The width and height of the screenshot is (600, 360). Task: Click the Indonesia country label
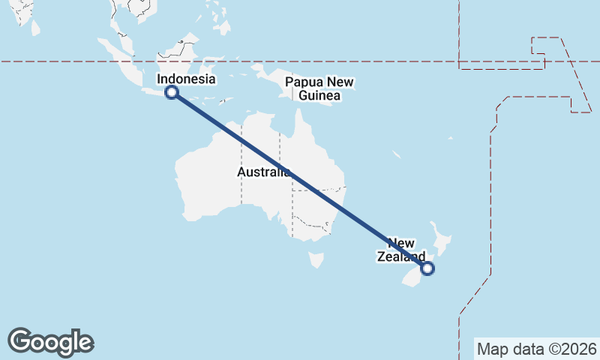(x=186, y=79)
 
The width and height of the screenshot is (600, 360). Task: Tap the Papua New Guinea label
(x=319, y=88)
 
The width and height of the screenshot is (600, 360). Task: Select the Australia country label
(x=263, y=172)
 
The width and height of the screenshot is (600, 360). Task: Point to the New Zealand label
(x=400, y=250)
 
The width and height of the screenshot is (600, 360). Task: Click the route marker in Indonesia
(x=172, y=92)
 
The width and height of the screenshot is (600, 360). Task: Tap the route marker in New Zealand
(x=427, y=268)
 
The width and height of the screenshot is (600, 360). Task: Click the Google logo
(x=50, y=342)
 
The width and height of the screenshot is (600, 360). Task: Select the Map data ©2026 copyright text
(x=536, y=349)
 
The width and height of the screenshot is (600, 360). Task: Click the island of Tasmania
(x=316, y=259)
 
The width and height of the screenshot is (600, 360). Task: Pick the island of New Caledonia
(x=396, y=154)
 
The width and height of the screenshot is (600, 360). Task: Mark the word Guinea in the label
(x=319, y=95)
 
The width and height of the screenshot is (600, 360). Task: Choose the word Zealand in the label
(x=394, y=256)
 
